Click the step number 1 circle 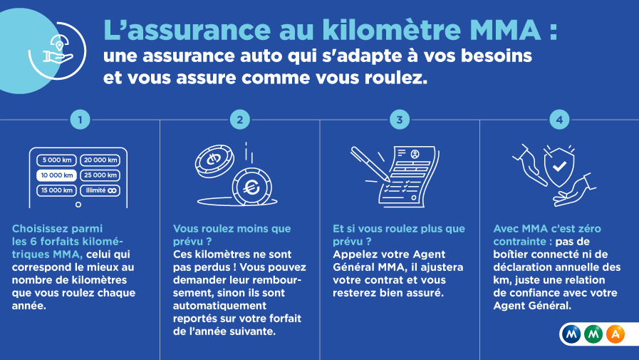[x=80, y=120]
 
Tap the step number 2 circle [x=240, y=120]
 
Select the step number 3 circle [x=400, y=120]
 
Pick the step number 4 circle [x=559, y=120]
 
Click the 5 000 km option [x=56, y=160]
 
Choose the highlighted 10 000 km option [x=56, y=175]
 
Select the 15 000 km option [x=56, y=190]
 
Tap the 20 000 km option [x=100, y=160]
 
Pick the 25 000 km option [x=100, y=175]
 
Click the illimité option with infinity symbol [x=100, y=190]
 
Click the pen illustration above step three [x=370, y=163]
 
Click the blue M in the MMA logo [x=572, y=333]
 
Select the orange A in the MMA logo [x=616, y=333]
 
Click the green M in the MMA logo [x=594, y=333]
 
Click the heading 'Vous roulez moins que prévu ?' [x=232, y=235]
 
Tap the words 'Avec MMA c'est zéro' [x=547, y=229]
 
